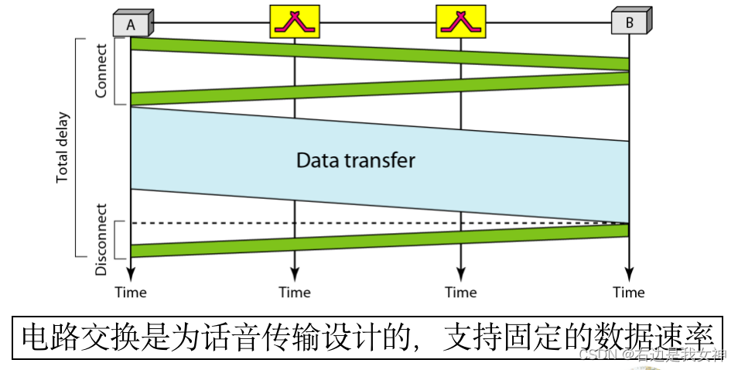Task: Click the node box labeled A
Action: (131, 24)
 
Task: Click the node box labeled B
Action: (629, 23)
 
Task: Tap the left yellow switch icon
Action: (294, 22)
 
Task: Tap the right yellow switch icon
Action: (460, 22)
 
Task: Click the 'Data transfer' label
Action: (356, 160)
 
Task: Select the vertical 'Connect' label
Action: (101, 70)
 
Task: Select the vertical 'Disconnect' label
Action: (101, 240)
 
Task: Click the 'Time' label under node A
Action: (131, 293)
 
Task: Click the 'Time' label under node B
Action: (629, 293)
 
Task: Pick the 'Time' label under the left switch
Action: (294, 293)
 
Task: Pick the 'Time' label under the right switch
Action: (460, 293)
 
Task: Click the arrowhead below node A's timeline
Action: (131, 274)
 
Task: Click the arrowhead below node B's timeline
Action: (629, 274)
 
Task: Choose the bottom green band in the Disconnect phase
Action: (379, 240)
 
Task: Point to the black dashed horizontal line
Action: (379, 223)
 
